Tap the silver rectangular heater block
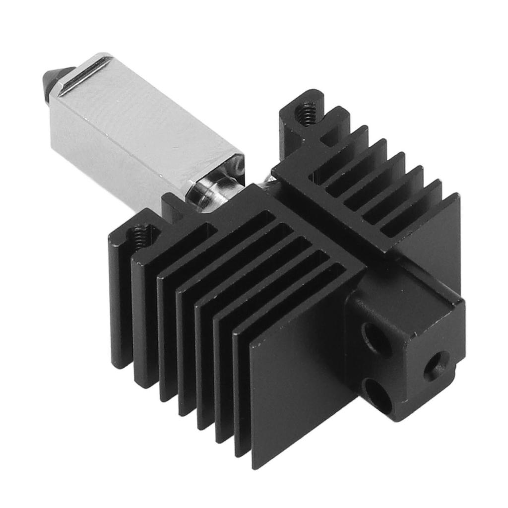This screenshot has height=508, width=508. [x=149, y=124]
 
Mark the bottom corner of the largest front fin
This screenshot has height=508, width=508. [x=256, y=464]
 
